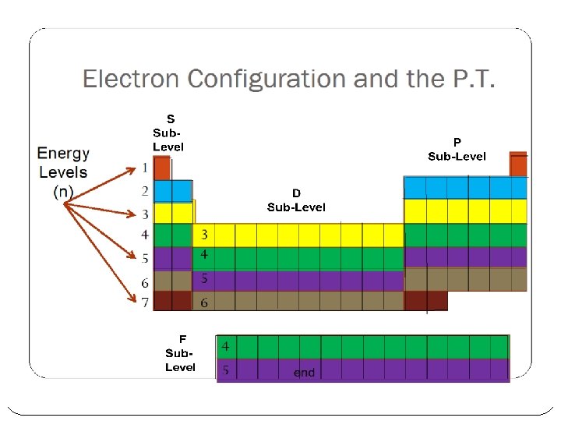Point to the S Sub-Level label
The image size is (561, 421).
(169, 133)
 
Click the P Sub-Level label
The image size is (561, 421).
(457, 150)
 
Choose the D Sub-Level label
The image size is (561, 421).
(296, 200)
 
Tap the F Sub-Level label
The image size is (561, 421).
(181, 353)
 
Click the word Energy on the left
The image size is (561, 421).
(63, 154)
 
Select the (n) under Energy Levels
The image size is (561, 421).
(63, 192)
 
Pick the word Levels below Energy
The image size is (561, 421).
(63, 172)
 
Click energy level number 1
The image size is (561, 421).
(145, 168)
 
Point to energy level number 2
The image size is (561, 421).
(145, 190)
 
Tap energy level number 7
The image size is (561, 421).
(145, 302)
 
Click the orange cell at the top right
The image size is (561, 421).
(518, 165)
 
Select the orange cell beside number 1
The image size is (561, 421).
(162, 168)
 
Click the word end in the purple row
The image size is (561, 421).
(304, 373)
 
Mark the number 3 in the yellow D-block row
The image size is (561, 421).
(204, 235)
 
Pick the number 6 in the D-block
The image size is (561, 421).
(204, 302)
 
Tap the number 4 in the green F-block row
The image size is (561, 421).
(225, 346)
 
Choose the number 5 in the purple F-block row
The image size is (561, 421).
(225, 370)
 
